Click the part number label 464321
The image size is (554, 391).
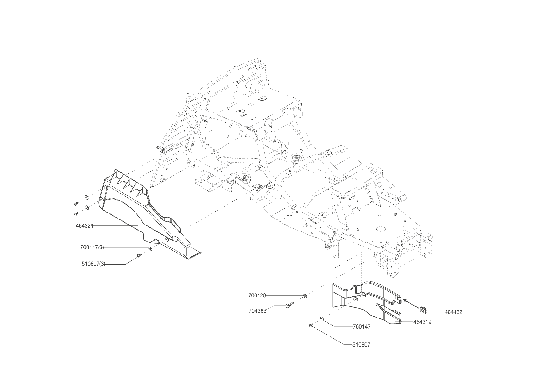tap(84, 226)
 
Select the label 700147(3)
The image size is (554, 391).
tap(92, 248)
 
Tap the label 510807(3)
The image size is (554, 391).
tap(93, 264)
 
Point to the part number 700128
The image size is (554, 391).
tap(257, 295)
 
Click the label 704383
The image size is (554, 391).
tap(257, 311)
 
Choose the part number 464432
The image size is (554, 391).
tap(453, 312)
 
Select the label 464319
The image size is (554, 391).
tap(422, 322)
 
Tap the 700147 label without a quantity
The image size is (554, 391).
tap(362, 327)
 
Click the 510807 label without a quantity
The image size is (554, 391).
tap(361, 345)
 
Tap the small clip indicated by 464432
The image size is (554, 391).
tap(424, 310)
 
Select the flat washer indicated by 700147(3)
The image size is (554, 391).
tap(150, 249)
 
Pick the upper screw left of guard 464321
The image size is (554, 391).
tap(76, 203)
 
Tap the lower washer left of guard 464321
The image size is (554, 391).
tap(87, 207)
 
